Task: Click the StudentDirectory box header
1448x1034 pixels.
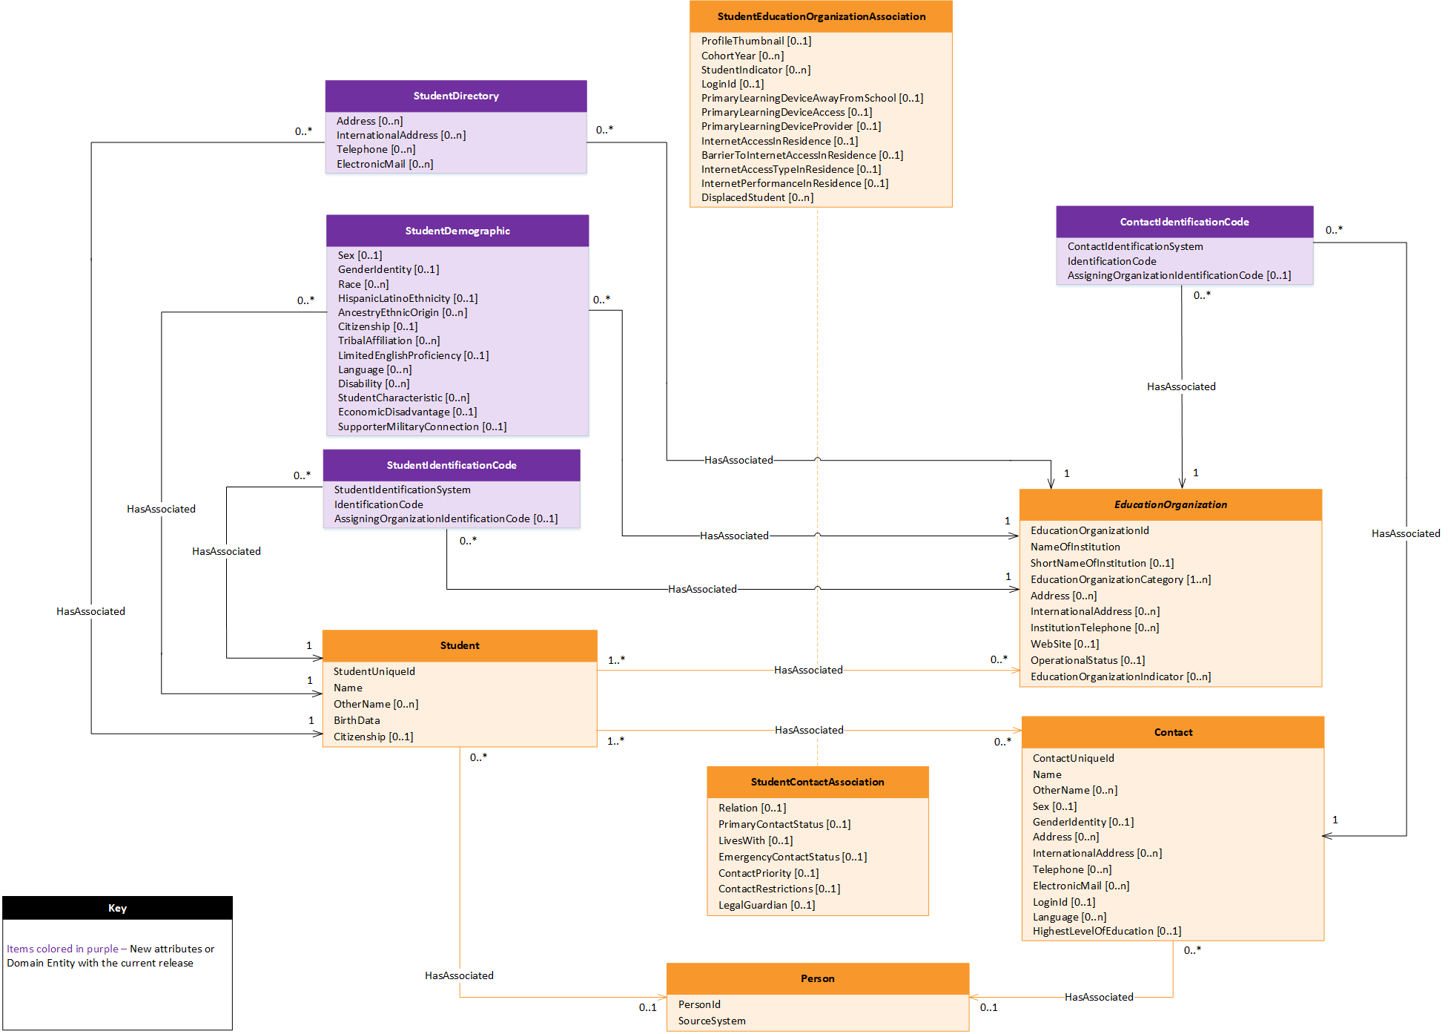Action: [x=456, y=96]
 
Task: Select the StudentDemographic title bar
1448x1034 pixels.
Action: [x=457, y=231]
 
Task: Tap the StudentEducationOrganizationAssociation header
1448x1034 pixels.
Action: [x=821, y=16]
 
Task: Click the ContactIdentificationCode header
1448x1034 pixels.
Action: [x=1184, y=222]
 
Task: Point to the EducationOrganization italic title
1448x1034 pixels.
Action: [x=1170, y=504]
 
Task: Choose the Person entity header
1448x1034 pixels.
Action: [x=817, y=978]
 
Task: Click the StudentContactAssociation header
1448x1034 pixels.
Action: [x=817, y=782]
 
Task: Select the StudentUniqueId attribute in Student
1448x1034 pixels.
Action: [x=374, y=671]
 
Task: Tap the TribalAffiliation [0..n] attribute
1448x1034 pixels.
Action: [x=389, y=340]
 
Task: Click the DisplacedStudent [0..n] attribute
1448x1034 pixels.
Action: [x=757, y=197]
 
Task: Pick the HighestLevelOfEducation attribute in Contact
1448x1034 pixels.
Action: [x=1106, y=931]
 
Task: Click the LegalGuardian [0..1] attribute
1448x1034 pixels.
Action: [x=766, y=905]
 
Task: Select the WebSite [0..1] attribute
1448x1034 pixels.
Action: [x=1064, y=644]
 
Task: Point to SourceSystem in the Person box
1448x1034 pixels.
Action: [x=711, y=1021]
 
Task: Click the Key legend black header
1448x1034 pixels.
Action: [x=117, y=908]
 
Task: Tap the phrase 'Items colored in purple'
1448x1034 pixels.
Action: [x=62, y=949]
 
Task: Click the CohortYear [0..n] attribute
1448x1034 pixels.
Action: [x=742, y=56]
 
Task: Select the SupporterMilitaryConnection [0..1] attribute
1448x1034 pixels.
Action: [x=422, y=427]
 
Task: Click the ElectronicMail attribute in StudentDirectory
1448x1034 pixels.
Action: [x=384, y=164]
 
